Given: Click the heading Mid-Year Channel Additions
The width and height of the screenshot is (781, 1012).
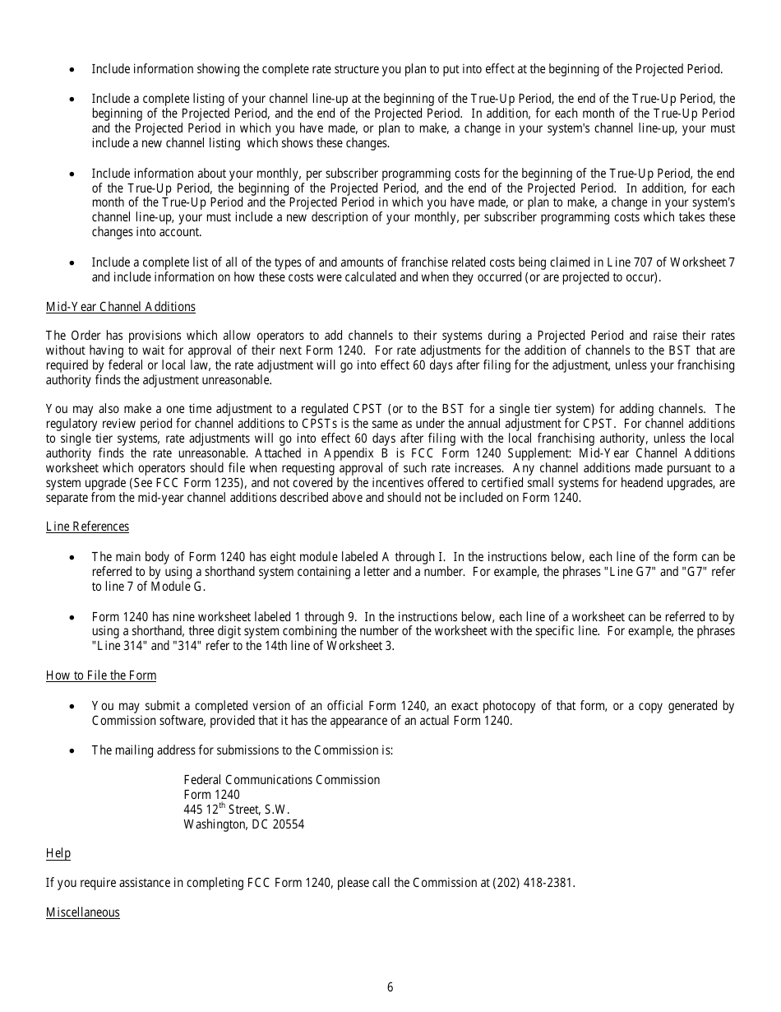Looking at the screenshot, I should coord(121,307).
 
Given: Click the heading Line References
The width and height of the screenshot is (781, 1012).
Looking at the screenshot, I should coord(87,527).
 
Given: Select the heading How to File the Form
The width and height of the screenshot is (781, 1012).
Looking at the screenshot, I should coord(101,675).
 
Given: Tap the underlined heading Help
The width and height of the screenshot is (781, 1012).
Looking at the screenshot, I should coord(58,853).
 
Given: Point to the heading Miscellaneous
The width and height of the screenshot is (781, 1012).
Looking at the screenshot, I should coord(82,912).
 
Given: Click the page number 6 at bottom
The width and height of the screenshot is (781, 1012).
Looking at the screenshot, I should coord(390,987).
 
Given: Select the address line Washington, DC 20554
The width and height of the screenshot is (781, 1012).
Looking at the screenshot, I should coord(243,824).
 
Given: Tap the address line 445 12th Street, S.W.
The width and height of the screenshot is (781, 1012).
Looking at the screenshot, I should coord(237,809).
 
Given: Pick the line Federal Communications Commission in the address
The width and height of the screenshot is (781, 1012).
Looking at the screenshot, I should coord(281,779).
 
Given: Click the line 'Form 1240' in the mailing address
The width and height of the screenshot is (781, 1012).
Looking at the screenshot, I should coord(212,795).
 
